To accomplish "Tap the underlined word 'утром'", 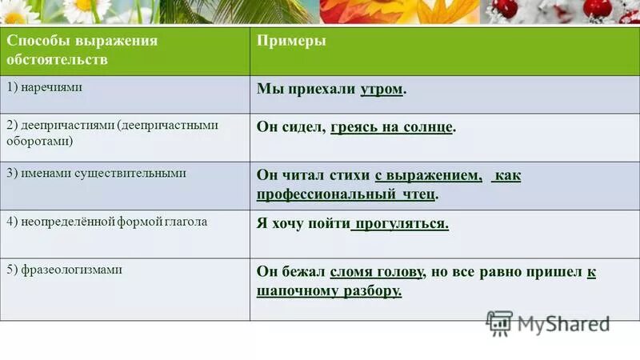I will click(381, 90).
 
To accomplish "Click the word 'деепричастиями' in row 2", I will click(66, 126).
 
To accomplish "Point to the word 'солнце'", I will click(427, 127).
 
